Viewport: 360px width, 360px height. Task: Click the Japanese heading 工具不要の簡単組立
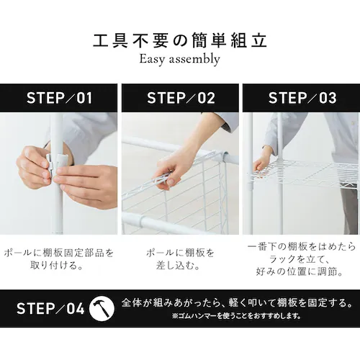click(x=180, y=41)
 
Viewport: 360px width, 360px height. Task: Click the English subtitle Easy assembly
click(x=180, y=59)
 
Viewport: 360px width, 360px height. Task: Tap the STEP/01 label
click(x=59, y=98)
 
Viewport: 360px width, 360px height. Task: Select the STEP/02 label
click(x=181, y=98)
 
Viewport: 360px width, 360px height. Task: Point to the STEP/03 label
click(x=302, y=98)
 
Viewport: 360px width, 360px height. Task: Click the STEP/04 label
click(x=50, y=308)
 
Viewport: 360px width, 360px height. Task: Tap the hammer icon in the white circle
click(x=102, y=308)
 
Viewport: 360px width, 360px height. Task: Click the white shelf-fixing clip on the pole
click(x=57, y=163)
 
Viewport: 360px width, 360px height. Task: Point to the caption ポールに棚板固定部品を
click(x=59, y=253)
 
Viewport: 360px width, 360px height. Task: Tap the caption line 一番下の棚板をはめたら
click(x=302, y=247)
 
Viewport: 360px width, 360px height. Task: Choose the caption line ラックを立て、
click(x=300, y=259)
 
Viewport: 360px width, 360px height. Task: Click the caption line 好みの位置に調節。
click(x=300, y=272)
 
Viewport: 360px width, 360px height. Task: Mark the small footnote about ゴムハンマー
click(x=237, y=315)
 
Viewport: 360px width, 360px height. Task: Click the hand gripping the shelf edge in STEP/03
click(x=261, y=161)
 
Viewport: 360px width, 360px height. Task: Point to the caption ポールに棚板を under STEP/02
click(x=180, y=253)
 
